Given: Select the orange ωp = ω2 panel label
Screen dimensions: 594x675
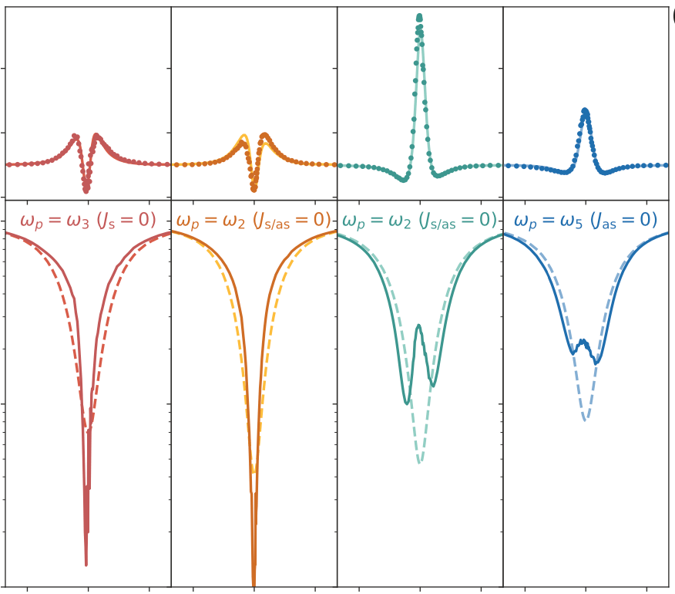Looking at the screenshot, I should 254,221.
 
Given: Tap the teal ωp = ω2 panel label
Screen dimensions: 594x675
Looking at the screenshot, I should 419,221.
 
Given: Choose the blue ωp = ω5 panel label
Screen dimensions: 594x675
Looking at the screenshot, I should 586,221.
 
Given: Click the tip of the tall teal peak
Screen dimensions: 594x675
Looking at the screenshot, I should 419,15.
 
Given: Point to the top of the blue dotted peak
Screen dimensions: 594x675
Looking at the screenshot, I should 585,110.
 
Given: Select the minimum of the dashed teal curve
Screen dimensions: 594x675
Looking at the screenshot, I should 419,462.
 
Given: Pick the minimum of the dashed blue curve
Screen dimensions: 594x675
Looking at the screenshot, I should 586,420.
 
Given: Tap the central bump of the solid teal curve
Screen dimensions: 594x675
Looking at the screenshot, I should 418,326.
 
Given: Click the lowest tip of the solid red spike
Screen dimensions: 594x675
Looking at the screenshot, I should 86,565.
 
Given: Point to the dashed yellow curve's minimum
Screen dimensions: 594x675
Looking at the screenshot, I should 254,471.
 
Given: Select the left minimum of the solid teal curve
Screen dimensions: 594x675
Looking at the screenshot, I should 406,403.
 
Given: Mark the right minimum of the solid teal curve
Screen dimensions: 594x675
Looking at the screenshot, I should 432,386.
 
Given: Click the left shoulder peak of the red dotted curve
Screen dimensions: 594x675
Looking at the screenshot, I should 75,136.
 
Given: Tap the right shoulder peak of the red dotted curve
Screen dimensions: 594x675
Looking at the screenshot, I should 96,136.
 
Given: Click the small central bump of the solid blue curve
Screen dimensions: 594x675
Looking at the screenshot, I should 583,340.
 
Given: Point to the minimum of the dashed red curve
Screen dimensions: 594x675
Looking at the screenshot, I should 91,427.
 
